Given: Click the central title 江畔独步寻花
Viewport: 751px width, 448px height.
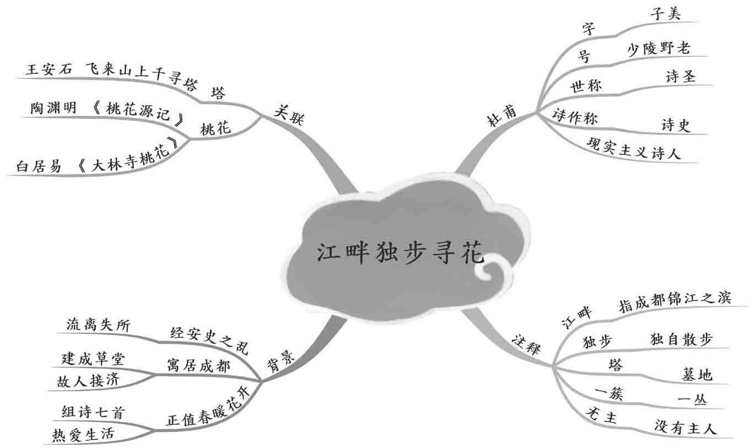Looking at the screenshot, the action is pyautogui.click(x=401, y=253).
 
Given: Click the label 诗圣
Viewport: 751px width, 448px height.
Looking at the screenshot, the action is pyautogui.click(x=680, y=77).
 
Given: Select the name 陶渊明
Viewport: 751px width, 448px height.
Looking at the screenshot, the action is pyautogui.click(x=53, y=108).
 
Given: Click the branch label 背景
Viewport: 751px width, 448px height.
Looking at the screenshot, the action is pyautogui.click(x=282, y=362).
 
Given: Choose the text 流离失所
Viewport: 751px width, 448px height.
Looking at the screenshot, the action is pyautogui.click(x=98, y=325).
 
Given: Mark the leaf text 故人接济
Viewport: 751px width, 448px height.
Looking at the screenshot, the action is pyautogui.click(x=84, y=381).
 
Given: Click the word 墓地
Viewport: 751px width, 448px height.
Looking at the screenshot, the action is pyautogui.click(x=697, y=375).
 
